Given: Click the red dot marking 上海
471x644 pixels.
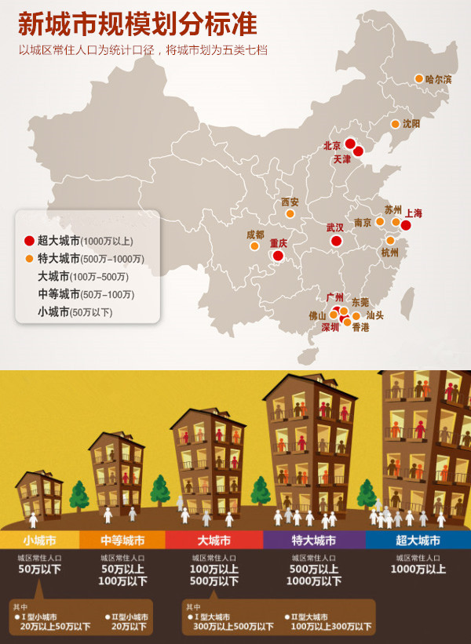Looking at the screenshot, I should (x=406, y=225).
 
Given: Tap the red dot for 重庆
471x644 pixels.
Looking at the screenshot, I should (x=277, y=255).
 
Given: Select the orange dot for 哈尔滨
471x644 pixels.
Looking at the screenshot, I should (x=418, y=78).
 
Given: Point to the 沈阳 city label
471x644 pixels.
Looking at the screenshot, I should (x=411, y=124).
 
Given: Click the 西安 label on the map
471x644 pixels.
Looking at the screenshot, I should (x=290, y=202).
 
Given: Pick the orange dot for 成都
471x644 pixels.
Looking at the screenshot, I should (x=254, y=246).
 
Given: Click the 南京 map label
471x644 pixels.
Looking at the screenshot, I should (x=363, y=223).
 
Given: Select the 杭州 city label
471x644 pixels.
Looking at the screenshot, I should (x=389, y=253).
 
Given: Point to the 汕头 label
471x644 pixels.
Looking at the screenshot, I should (x=375, y=315).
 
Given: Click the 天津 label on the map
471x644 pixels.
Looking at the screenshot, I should (x=342, y=159).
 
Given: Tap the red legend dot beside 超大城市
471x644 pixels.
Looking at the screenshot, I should (x=29, y=241).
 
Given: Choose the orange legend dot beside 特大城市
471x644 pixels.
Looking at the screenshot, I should (x=29, y=259).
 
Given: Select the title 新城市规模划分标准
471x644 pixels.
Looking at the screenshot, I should (x=137, y=24).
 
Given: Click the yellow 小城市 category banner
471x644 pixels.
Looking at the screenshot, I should (x=39, y=540).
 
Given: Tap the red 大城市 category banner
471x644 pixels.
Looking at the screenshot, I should (x=214, y=540).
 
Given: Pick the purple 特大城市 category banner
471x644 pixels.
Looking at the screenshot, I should (x=313, y=540).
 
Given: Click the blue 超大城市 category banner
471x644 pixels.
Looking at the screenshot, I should (x=418, y=540).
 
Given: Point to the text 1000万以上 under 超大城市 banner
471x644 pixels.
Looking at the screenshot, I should (x=418, y=569).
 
